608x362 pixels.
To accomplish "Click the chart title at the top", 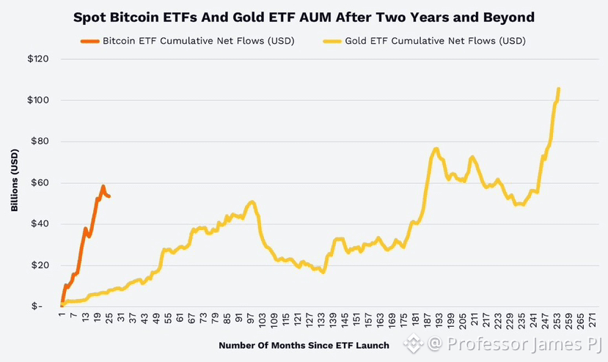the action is pyautogui.click(x=304, y=18).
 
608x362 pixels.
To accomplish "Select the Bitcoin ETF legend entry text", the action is pyautogui.click(x=199, y=41).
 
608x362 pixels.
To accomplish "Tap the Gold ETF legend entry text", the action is pyautogui.click(x=436, y=41).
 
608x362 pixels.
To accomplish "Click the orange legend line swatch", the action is pyautogui.click(x=90, y=41).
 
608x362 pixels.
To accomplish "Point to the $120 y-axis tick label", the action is pyautogui.click(x=38, y=59).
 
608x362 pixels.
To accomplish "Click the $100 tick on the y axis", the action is pyautogui.click(x=38, y=100).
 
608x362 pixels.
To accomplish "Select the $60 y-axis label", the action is pyautogui.click(x=40, y=182).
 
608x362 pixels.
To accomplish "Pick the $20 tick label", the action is pyautogui.click(x=40, y=265).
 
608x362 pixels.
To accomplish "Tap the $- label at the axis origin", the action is pyautogui.click(x=37, y=306).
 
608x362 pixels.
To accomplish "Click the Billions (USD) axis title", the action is pyautogui.click(x=15, y=180).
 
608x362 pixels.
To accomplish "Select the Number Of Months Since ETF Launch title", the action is pyautogui.click(x=304, y=345).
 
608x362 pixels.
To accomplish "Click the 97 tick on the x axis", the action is pyautogui.click(x=251, y=320).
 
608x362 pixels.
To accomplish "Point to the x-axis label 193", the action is pyautogui.click(x=439, y=321).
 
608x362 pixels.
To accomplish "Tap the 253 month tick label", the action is pyautogui.click(x=557, y=321).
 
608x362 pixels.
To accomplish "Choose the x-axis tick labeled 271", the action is pyautogui.click(x=593, y=321).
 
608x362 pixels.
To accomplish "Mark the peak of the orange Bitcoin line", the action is pyautogui.click(x=103, y=186).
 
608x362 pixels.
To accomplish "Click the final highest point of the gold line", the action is pyautogui.click(x=559, y=89).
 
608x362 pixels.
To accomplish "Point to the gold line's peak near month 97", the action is pyautogui.click(x=252, y=202).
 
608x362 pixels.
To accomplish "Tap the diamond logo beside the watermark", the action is pyautogui.click(x=414, y=344).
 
